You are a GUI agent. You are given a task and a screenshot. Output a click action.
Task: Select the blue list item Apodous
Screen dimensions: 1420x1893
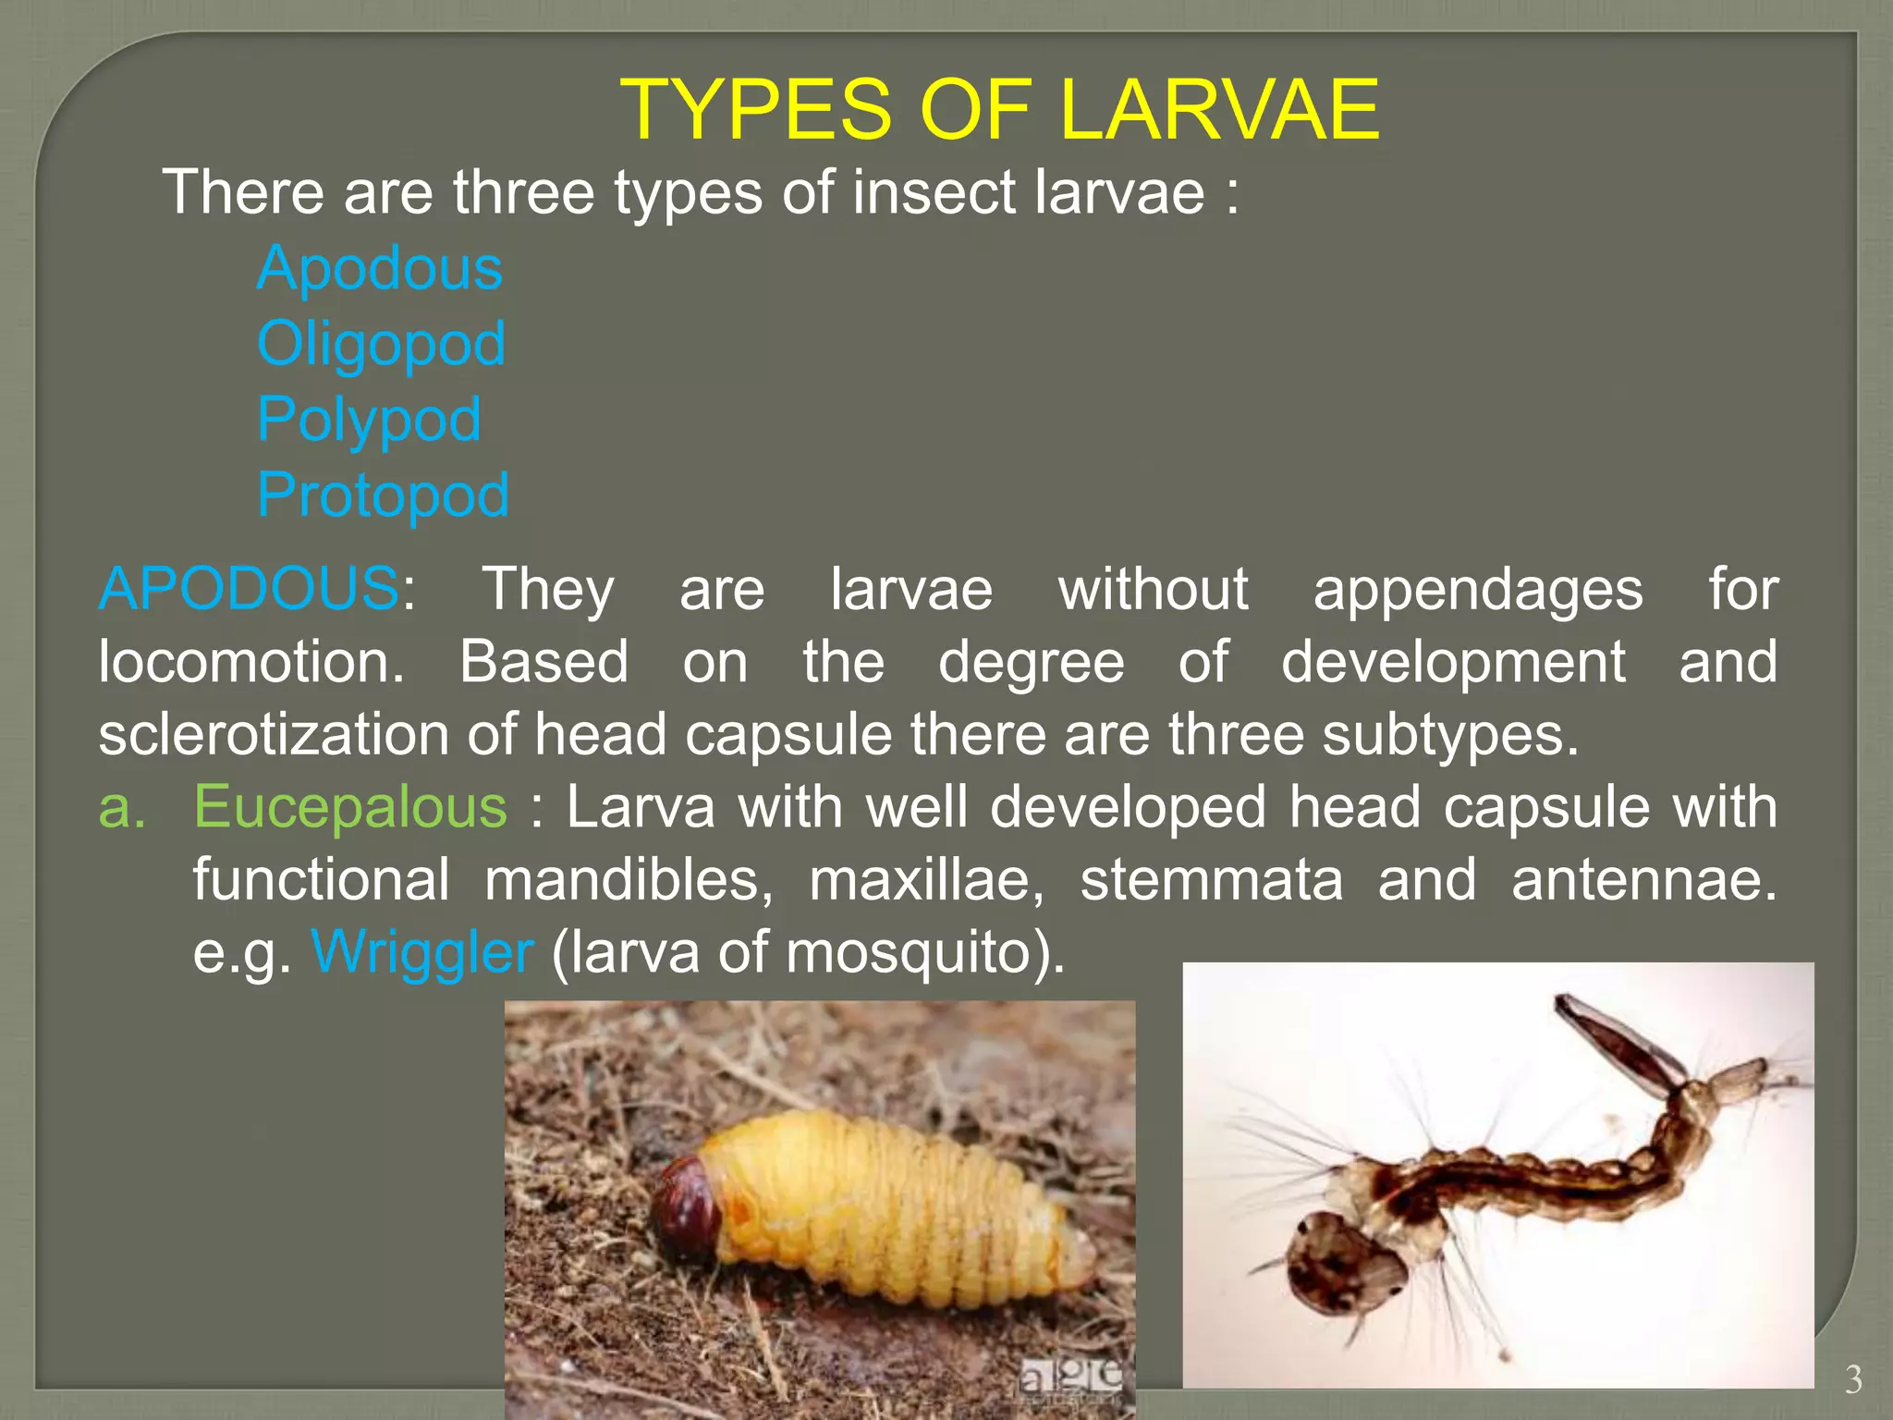tap(380, 268)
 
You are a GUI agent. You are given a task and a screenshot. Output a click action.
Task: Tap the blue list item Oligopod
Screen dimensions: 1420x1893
tap(381, 344)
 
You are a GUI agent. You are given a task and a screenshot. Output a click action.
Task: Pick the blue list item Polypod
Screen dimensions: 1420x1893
tap(369, 420)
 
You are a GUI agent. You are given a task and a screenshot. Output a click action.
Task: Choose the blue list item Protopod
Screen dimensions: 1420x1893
tap(383, 495)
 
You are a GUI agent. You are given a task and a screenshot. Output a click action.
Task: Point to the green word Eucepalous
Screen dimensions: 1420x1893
tap(349, 806)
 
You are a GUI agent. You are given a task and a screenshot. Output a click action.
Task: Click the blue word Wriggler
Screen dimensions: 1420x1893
tap(422, 951)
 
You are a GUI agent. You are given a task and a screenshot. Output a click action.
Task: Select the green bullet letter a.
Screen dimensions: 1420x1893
tap(122, 806)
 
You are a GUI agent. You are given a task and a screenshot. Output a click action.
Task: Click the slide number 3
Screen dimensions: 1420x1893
tap(1853, 1379)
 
